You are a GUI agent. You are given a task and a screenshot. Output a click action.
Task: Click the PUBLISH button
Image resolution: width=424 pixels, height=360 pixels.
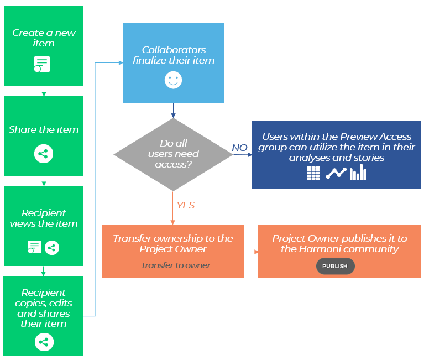tap(335, 266)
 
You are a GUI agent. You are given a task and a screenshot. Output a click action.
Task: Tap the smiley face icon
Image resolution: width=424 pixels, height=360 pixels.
tap(173, 80)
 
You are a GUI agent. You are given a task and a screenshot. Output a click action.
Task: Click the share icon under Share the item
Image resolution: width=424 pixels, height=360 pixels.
tap(44, 154)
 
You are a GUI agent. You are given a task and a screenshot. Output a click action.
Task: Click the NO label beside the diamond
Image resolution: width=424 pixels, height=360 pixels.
tap(239, 148)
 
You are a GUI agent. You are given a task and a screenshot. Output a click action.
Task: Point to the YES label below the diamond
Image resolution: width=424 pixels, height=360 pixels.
tap(185, 205)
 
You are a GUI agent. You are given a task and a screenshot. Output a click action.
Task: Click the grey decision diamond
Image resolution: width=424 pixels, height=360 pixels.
tap(173, 154)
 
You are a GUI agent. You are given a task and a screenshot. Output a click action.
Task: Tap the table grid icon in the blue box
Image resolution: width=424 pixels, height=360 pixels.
tap(313, 173)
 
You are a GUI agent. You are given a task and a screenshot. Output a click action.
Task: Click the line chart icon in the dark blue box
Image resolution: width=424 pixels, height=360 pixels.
tap(336, 173)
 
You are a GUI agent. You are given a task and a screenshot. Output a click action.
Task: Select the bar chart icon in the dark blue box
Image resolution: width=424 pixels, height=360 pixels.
tap(358, 173)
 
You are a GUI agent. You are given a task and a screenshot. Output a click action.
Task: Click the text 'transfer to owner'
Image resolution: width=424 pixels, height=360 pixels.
tap(176, 265)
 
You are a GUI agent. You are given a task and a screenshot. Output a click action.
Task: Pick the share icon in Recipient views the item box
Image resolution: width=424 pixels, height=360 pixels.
tap(52, 247)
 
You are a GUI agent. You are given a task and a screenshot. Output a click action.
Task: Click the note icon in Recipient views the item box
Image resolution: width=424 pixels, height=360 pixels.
tap(34, 247)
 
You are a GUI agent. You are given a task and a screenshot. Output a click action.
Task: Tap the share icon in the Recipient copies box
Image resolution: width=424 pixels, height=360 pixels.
tap(44, 342)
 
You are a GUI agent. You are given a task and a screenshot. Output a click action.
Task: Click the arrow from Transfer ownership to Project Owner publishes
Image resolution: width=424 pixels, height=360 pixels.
tap(251, 252)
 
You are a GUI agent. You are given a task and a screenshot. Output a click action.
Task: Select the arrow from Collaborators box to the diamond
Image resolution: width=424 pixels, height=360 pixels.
tap(174, 111)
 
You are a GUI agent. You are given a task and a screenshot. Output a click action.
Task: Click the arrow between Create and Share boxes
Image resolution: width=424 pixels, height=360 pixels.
tap(44, 91)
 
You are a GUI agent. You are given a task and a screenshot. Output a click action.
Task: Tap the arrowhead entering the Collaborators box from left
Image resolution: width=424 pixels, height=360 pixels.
tap(120, 62)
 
